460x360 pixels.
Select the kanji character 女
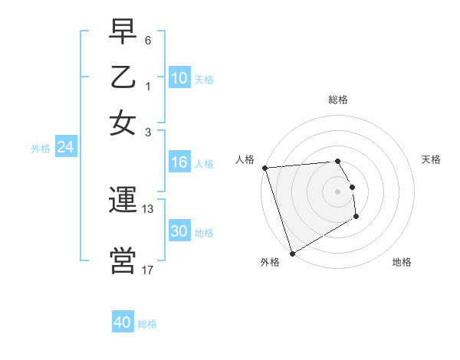(123, 123)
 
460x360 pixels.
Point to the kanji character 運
(123, 201)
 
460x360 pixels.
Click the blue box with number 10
(179, 78)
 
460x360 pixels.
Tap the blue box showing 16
(179, 162)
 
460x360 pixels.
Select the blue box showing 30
(179, 231)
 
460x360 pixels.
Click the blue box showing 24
(65, 148)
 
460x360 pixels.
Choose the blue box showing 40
(123, 322)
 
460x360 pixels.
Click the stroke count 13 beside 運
(148, 208)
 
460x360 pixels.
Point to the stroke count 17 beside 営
(148, 270)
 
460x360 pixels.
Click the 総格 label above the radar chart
(337, 100)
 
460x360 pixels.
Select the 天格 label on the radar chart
(431, 159)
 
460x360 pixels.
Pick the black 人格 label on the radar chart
(245, 159)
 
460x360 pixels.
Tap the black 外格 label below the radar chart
(269, 262)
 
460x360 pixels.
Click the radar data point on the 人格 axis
(264, 168)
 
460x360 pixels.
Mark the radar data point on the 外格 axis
(292, 253)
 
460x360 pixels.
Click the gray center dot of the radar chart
(337, 191)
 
